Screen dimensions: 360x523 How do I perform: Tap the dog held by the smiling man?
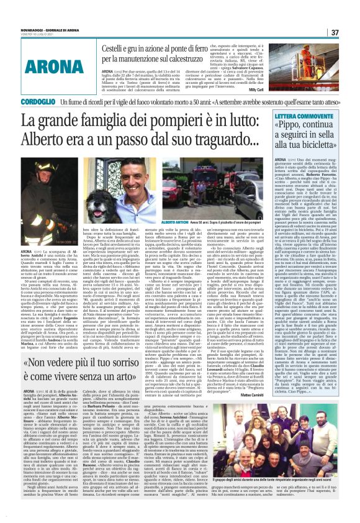[186, 205]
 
